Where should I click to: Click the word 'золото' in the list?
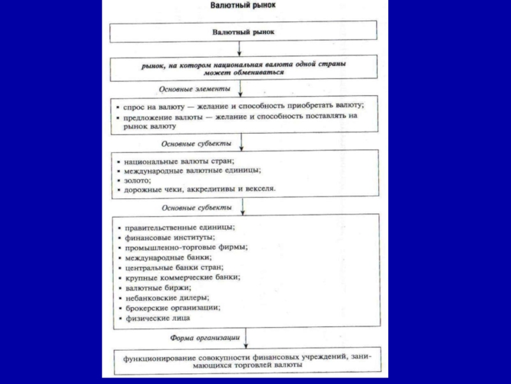coord(137,180)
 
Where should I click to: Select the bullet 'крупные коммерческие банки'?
coord(182,278)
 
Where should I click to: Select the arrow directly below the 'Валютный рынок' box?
coord(239,49)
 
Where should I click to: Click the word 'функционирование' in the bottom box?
coord(155,356)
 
